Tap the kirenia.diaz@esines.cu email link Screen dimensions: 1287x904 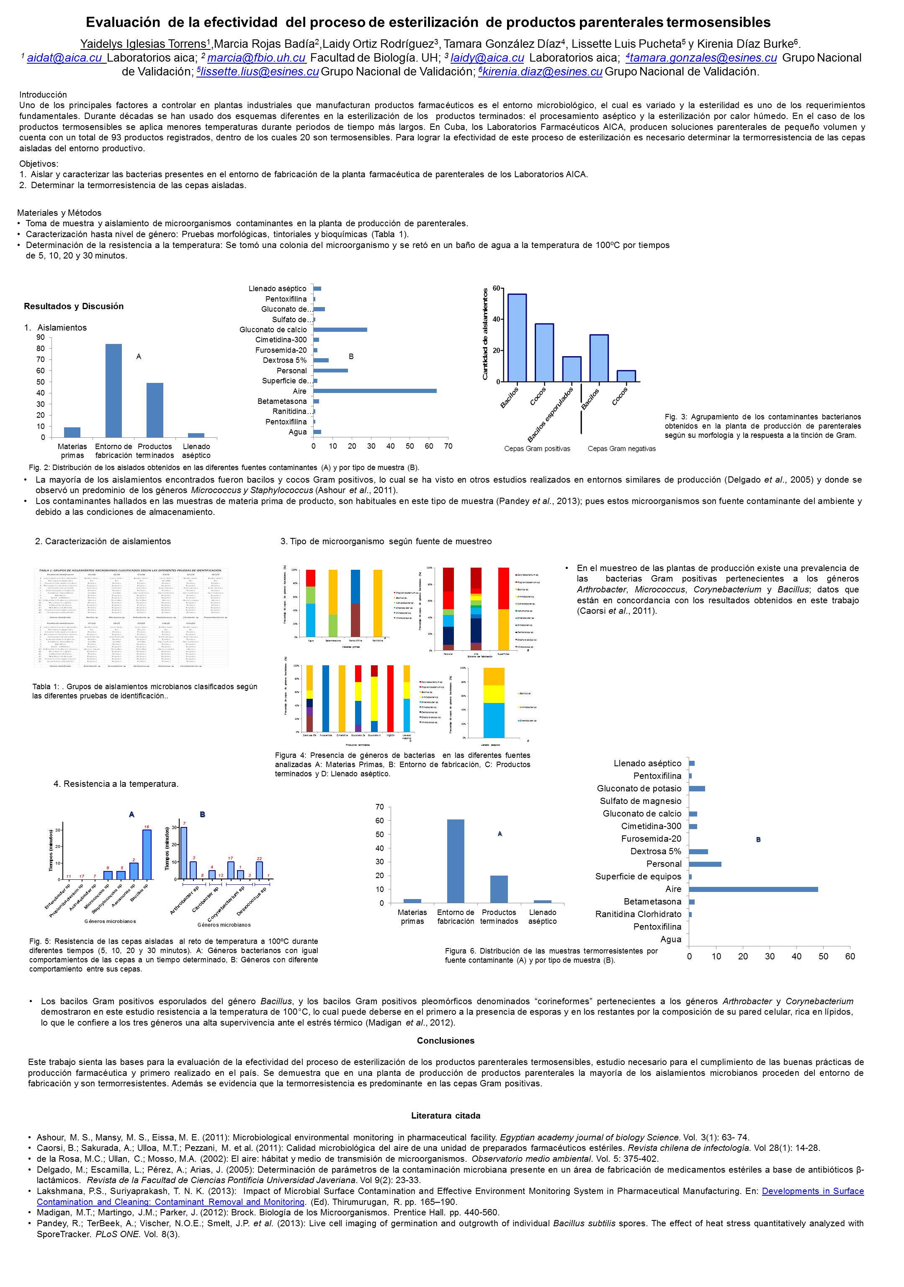tap(541, 72)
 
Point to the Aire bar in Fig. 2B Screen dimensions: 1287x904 tap(375, 391)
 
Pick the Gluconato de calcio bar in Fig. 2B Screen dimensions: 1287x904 tap(340, 330)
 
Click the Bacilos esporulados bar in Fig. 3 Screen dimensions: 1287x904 tap(572, 369)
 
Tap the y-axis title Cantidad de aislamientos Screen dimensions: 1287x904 tap(485, 334)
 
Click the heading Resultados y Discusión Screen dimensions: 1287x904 tap(73, 306)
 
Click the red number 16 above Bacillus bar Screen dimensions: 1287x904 tap(146, 826)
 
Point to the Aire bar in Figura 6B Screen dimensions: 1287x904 tap(753, 889)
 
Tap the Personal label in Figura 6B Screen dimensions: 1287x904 tap(664, 864)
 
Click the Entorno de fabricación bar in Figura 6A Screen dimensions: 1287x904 tap(456, 861)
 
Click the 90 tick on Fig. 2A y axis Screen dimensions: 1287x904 tap(40, 337)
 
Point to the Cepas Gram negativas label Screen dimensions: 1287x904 tap(621, 448)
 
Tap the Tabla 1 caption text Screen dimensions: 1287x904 tap(144, 691)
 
